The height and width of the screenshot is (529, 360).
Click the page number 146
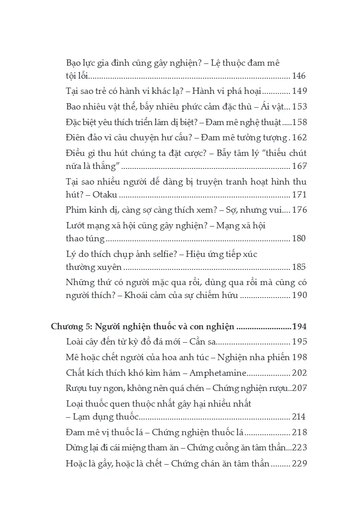299,76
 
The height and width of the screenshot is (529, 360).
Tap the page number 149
299,92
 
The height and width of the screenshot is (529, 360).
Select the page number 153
299,107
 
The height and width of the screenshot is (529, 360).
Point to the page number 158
299,122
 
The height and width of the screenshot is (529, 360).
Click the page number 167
299,166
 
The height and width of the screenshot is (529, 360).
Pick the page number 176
299,210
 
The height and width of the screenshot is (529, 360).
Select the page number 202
299,373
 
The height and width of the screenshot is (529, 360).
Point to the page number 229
299,463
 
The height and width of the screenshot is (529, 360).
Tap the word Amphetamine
219,373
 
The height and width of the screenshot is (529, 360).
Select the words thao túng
85,239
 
